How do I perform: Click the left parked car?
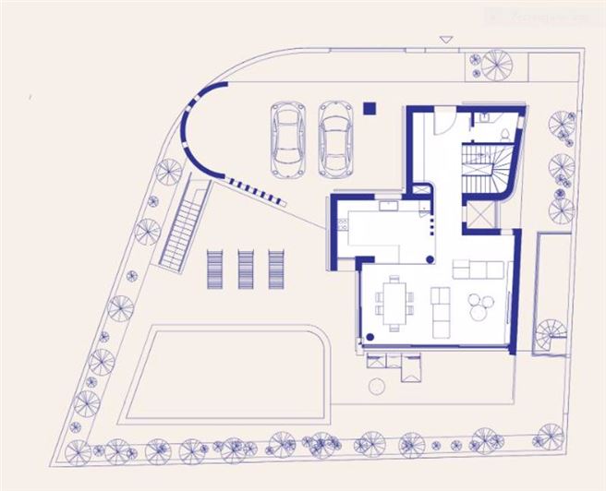tap(289, 138)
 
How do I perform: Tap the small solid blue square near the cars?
tap(370, 107)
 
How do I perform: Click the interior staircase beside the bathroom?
tap(481, 169)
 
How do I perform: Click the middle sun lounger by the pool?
tap(247, 269)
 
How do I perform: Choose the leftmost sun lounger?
tap(215, 269)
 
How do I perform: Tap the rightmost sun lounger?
tap(276, 269)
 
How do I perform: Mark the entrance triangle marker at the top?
tap(446, 40)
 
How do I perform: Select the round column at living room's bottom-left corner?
tap(370, 336)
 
